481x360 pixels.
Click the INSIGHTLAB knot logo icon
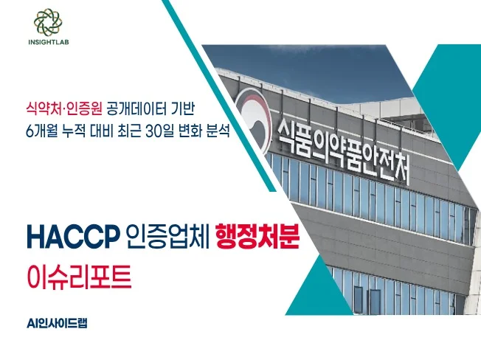[x=48, y=21]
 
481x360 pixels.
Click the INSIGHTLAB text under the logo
[x=49, y=42]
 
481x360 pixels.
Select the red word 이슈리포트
[x=79, y=277]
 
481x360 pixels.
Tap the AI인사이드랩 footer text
[x=57, y=324]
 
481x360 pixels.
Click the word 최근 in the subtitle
[x=129, y=131]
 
